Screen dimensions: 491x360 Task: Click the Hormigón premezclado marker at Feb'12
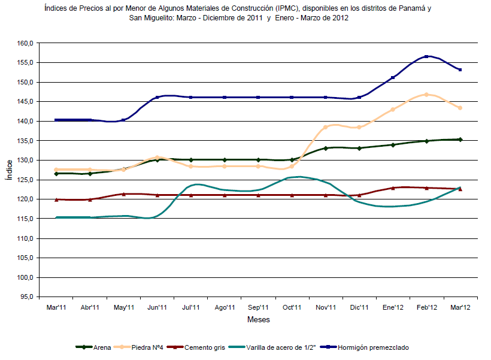426,56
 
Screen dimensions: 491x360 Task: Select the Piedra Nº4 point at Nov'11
325,127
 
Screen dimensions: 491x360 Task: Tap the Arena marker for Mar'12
460,140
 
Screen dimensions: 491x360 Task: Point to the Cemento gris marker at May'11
124,194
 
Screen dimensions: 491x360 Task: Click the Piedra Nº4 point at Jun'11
157,158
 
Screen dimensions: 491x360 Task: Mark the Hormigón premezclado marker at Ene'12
393,77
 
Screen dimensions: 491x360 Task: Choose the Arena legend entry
93,347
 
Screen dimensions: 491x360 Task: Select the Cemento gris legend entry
196,347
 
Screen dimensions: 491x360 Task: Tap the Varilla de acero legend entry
272,347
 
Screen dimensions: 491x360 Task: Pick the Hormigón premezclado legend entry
364,347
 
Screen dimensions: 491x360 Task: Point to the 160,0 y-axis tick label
25,43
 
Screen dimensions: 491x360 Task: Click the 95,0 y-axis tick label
26,297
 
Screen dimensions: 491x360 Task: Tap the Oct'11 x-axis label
292,307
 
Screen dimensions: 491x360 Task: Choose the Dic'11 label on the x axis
359,307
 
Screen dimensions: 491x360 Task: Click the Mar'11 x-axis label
56,307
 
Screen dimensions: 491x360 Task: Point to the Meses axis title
258,320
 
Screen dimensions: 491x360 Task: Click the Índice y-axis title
10,170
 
